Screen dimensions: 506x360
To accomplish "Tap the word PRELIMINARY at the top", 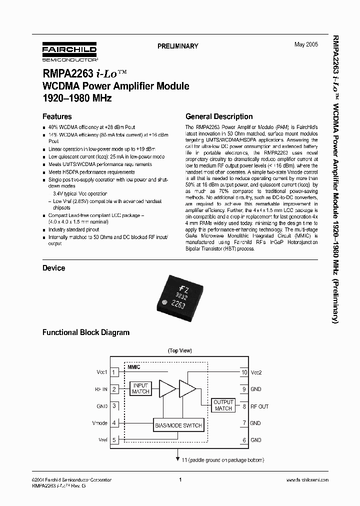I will pos(178,46).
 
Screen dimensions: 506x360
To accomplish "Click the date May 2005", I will pos(305,45).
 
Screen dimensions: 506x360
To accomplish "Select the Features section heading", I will pos(57,116).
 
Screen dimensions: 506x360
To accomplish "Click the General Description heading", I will pos(219,116).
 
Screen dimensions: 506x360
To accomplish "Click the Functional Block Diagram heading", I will pos(85,332).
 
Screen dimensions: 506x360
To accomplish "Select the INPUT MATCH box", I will pos(140,388).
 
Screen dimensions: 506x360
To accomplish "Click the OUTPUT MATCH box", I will pos(223,405).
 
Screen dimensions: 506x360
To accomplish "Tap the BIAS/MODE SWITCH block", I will pos(178,425).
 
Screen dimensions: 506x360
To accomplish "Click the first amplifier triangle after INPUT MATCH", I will pos(166,388).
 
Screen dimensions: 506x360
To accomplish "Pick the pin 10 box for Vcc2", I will pos(244,372).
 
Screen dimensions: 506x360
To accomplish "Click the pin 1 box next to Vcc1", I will pos(114,372).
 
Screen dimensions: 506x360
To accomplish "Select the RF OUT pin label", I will pos(259,406).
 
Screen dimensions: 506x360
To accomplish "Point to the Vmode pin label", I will pos(100,423).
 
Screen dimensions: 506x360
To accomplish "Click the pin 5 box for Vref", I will pos(114,440).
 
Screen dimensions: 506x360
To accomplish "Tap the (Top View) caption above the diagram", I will pos(179,351).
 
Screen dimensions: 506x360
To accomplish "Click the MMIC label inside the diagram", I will pos(134,367).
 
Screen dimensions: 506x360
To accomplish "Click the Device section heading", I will pos(53,268).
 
